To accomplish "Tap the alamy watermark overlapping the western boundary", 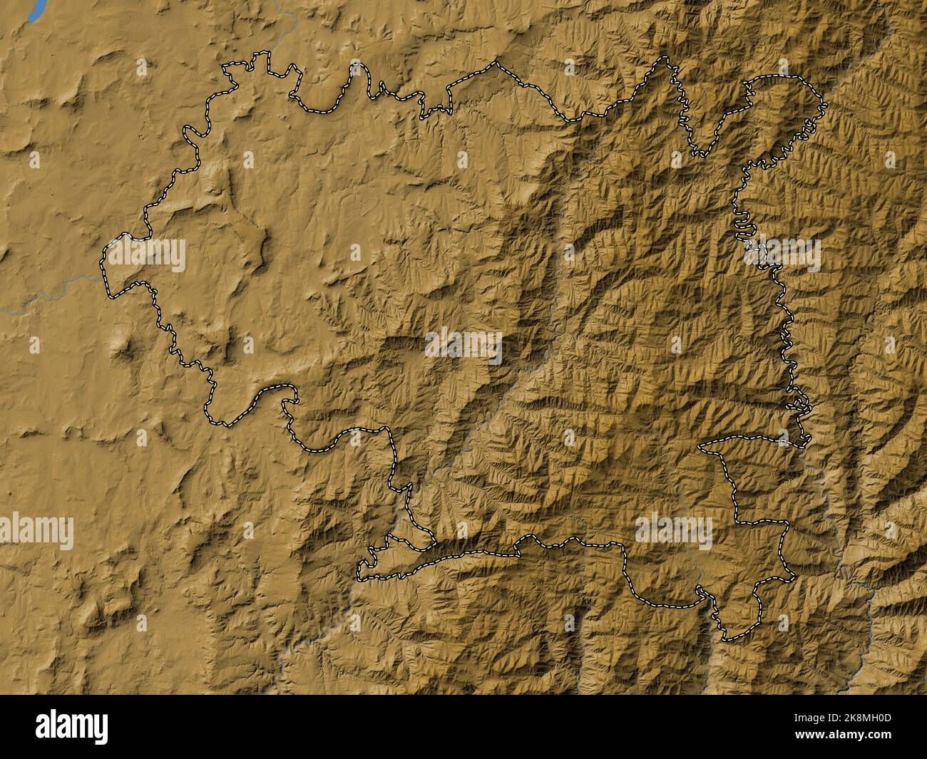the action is tap(147, 255).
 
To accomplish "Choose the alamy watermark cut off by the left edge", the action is tap(36, 531).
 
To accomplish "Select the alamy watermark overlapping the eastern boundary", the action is tap(783, 255).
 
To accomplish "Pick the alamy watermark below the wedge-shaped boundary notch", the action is tap(674, 531).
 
